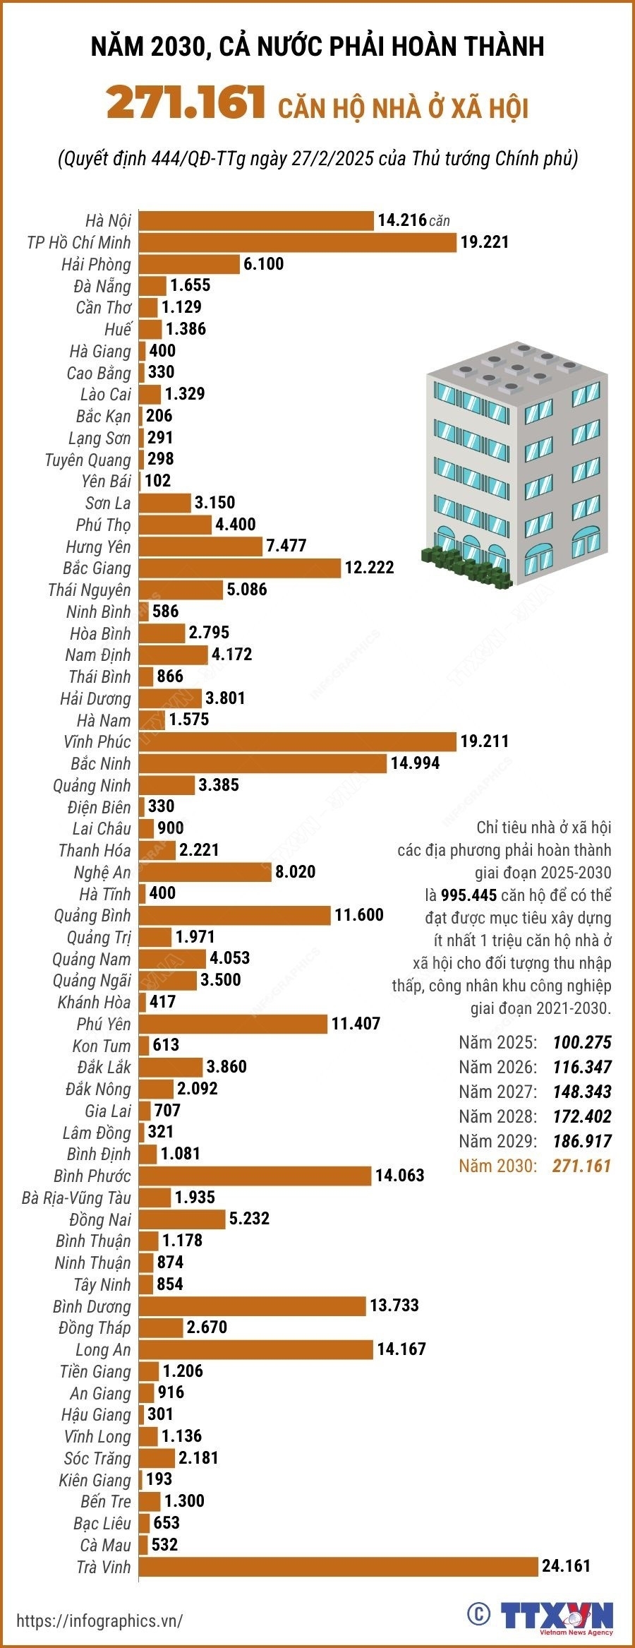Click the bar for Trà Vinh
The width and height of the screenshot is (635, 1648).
(x=339, y=1566)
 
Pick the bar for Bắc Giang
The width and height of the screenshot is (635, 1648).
(x=240, y=568)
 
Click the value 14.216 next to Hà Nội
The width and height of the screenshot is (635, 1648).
(x=402, y=220)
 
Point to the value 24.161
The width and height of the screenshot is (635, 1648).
(x=566, y=1566)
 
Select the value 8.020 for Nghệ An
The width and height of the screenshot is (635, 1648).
(x=295, y=871)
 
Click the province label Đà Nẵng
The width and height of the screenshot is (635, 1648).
(x=102, y=286)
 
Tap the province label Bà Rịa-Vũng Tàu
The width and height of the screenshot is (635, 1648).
(x=76, y=1198)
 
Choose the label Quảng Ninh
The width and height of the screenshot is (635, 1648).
(x=92, y=785)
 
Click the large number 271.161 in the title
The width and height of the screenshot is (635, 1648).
(x=186, y=103)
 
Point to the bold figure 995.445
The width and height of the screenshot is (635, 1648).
(x=468, y=895)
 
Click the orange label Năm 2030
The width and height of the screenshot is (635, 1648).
(x=497, y=1166)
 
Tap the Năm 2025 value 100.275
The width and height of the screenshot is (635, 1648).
(x=581, y=1042)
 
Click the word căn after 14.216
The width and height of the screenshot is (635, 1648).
(x=439, y=221)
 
